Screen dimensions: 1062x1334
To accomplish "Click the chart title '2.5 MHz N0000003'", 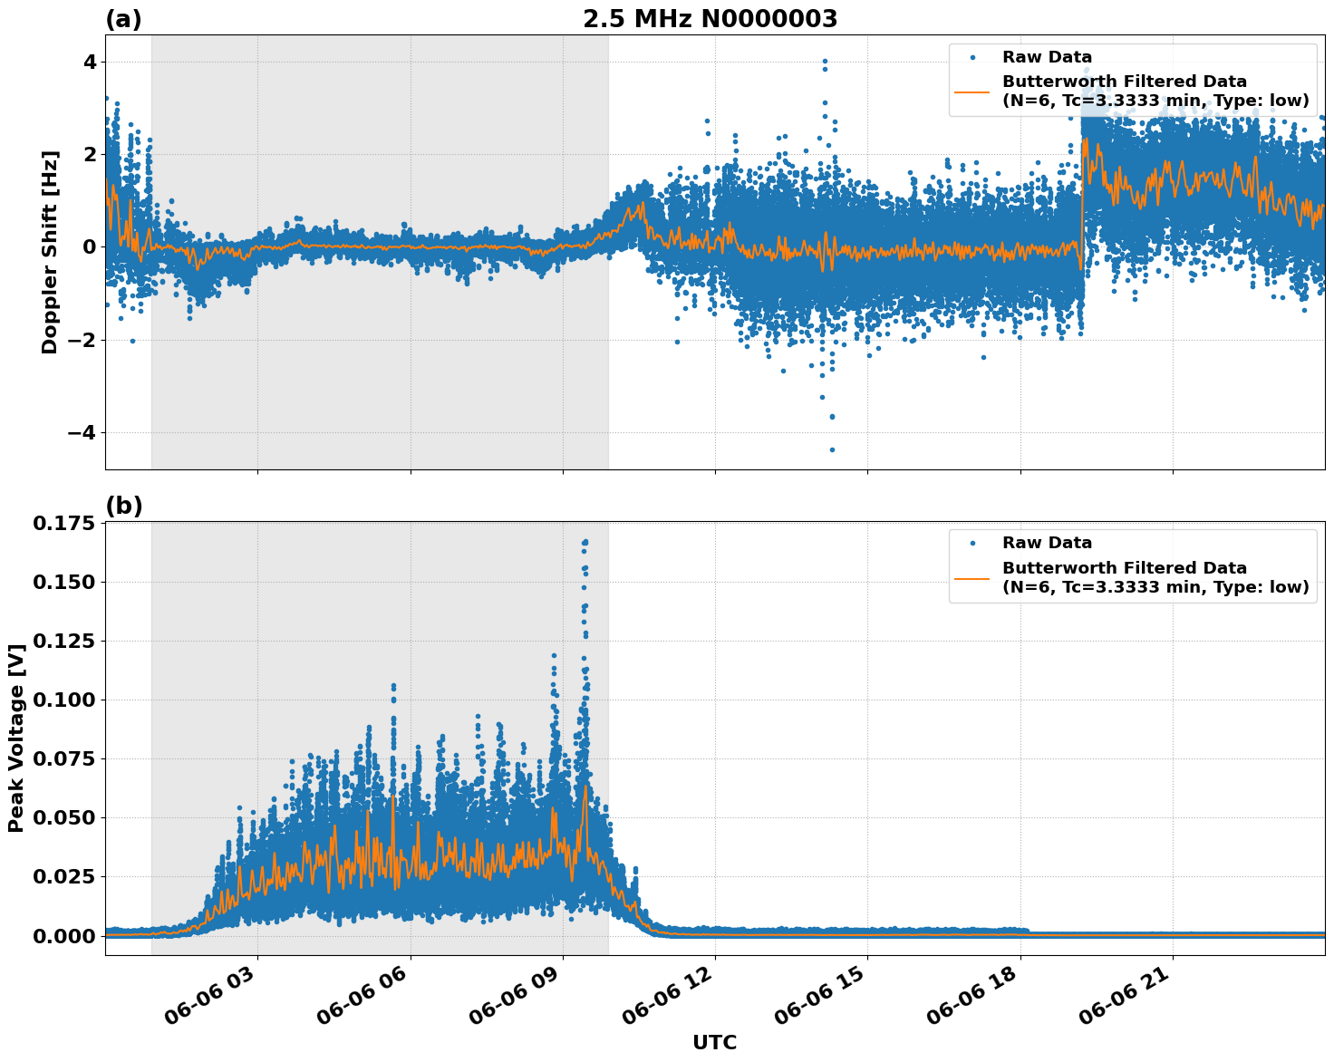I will [710, 19].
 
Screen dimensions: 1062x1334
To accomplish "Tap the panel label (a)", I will [123, 19].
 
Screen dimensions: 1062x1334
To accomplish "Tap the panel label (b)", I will [123, 506].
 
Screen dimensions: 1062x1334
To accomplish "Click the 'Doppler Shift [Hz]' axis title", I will [50, 252].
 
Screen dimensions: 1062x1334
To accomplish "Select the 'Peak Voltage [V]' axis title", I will [15, 738].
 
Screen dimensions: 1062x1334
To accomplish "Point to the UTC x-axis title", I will [714, 1042].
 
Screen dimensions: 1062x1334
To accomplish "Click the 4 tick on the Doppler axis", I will [90, 62].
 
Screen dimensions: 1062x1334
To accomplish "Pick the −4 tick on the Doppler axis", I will [82, 432].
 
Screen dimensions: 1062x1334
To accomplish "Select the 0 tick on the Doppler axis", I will [90, 247].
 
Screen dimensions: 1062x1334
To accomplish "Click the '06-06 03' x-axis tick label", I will [215, 1002].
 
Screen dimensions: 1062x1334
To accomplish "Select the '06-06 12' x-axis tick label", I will [672, 1002].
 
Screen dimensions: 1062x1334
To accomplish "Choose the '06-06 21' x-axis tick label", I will [1130, 1002].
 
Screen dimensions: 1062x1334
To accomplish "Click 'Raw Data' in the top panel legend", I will [1047, 57].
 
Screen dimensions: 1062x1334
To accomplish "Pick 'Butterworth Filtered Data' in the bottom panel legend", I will [1124, 568].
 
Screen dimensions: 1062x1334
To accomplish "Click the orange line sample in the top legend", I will [971, 91].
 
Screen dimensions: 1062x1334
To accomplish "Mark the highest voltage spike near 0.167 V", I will [585, 542].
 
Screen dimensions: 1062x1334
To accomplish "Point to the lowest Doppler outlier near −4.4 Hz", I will [832, 449].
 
